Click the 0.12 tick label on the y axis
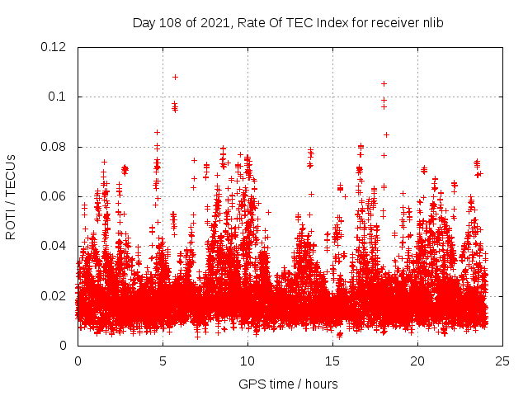tap(55, 47)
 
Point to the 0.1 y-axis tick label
tap(59, 97)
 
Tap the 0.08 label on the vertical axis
tap(55, 147)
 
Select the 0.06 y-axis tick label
tap(55, 196)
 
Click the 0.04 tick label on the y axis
tap(55, 246)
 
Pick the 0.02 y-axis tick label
tap(55, 296)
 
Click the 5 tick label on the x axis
tap(163, 361)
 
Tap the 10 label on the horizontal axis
tap(247, 361)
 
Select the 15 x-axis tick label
tap(332, 361)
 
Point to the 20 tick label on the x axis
tap(417, 361)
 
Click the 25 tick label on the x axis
tap(502, 361)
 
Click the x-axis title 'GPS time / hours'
tap(288, 384)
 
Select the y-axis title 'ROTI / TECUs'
tap(12, 196)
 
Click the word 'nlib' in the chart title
tap(432, 23)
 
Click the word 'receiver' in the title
tap(393, 23)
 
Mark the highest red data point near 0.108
tap(175, 77)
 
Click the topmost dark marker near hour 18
tap(384, 83)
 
